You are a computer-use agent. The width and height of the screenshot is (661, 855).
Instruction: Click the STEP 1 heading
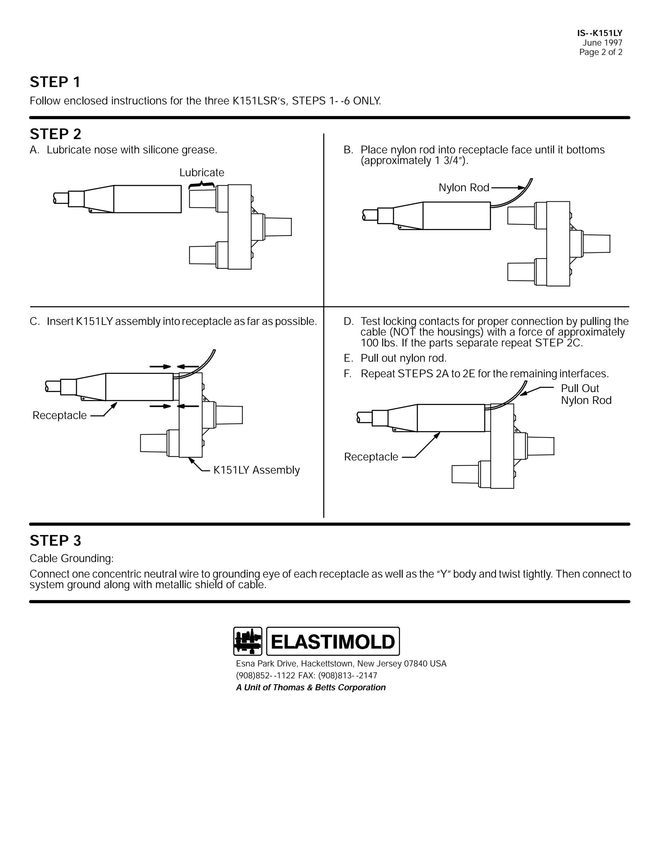55,82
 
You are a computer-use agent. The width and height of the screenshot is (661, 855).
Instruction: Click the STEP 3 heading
55,541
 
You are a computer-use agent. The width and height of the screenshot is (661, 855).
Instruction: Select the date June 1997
602,43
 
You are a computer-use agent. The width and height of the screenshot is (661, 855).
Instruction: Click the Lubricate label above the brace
202,173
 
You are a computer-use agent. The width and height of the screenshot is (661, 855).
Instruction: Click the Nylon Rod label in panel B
464,188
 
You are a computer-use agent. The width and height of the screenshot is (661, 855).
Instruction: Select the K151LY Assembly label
257,470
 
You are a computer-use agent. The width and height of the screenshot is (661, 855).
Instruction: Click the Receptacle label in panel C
59,415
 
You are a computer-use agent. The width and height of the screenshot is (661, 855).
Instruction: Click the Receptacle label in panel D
371,457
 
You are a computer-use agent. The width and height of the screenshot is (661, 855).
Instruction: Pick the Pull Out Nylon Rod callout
586,394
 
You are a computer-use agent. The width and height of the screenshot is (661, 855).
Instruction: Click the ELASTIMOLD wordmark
333,642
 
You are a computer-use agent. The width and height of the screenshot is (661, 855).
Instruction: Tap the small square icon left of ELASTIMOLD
248,641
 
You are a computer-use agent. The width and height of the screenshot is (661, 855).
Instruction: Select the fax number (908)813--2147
348,675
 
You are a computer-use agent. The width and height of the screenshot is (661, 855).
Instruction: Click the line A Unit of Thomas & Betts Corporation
310,688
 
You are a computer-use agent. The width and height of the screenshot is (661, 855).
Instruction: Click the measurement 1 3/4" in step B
450,161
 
